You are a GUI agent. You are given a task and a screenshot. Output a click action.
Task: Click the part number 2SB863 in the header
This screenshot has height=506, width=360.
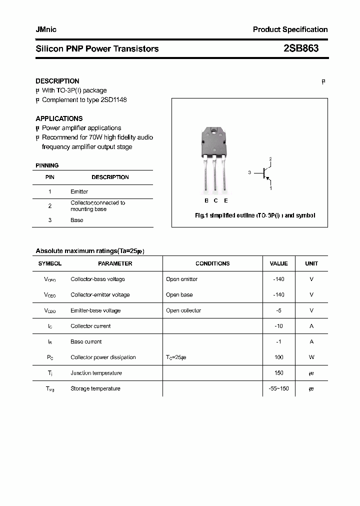coord(301,48)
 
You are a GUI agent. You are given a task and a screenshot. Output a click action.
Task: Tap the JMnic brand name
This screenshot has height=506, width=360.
coord(46,29)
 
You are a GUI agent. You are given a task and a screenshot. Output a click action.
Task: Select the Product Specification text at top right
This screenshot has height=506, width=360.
coord(290,29)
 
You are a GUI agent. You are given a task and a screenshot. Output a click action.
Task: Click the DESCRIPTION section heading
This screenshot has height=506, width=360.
coord(57,81)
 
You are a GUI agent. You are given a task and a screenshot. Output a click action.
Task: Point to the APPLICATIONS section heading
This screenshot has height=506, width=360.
coord(59,118)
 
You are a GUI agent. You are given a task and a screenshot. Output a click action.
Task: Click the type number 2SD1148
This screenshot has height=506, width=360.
coord(114,100)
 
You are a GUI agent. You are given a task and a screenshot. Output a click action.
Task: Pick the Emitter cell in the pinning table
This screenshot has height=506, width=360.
coord(79,191)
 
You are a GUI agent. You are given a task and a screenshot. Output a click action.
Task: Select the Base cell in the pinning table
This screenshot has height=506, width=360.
coord(76,220)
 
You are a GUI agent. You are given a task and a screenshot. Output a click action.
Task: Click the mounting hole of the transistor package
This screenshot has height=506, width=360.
coord(214,133)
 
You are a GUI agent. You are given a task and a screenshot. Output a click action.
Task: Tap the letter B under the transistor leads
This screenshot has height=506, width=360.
coord(206,200)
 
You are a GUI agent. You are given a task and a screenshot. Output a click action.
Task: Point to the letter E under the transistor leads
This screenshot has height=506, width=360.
coord(226,200)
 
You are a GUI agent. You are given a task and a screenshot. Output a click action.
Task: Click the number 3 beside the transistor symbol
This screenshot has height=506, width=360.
coord(249,172)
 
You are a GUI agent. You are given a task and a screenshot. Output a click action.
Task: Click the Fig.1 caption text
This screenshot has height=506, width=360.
coord(254,215)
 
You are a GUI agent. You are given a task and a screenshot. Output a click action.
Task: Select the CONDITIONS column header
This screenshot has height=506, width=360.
coord(212,263)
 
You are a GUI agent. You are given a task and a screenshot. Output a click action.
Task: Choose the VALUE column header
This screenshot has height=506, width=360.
coord(278,263)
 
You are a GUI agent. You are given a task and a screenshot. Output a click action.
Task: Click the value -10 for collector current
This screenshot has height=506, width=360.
coord(278,326)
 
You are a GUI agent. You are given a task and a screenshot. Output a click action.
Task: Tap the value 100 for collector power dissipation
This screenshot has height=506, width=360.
coord(278,357)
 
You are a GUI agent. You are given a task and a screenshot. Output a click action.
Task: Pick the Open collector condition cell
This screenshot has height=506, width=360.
coord(183,310)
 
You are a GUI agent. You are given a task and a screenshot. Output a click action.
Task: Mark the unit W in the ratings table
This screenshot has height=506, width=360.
coord(311,357)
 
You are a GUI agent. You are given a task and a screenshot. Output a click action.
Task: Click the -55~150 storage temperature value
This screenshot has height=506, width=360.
coord(278,388)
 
